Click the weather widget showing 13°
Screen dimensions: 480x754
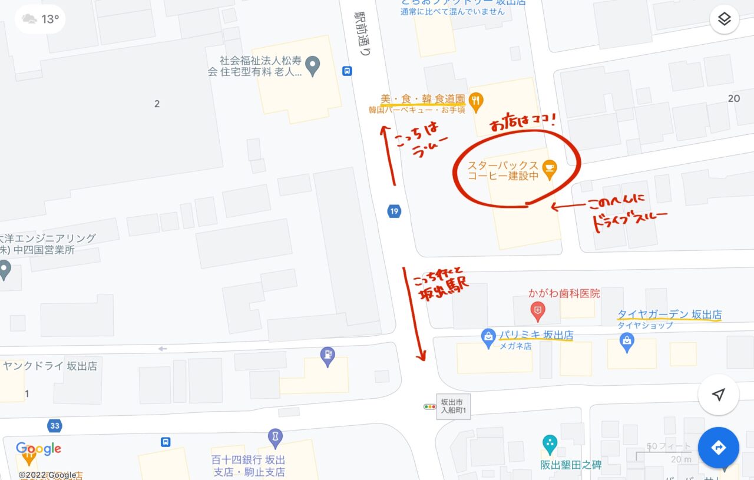40,19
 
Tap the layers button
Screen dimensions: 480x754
724,19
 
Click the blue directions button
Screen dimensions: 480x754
718,448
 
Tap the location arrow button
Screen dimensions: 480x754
718,395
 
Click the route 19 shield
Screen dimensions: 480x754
394,211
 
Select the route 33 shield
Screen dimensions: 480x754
55,425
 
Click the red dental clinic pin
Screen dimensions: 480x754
537,309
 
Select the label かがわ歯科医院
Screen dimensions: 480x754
564,293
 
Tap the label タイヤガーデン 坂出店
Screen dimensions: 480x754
669,315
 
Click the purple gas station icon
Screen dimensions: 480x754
327,355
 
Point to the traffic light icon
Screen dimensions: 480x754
429,406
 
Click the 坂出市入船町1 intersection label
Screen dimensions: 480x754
454,406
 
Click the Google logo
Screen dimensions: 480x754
39,449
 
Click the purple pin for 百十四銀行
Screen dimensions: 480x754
275,437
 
